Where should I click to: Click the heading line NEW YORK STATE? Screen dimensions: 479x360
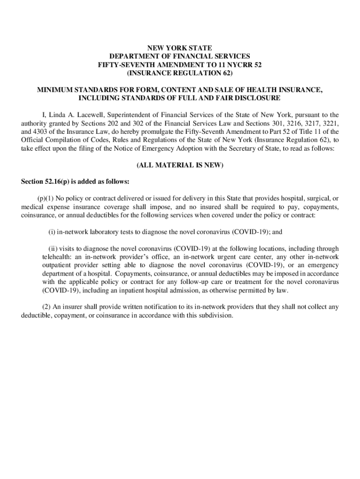pos(180,48)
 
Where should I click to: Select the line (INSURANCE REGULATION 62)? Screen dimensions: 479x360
pos(180,73)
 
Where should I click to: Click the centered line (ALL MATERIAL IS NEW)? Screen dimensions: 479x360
pos(180,165)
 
